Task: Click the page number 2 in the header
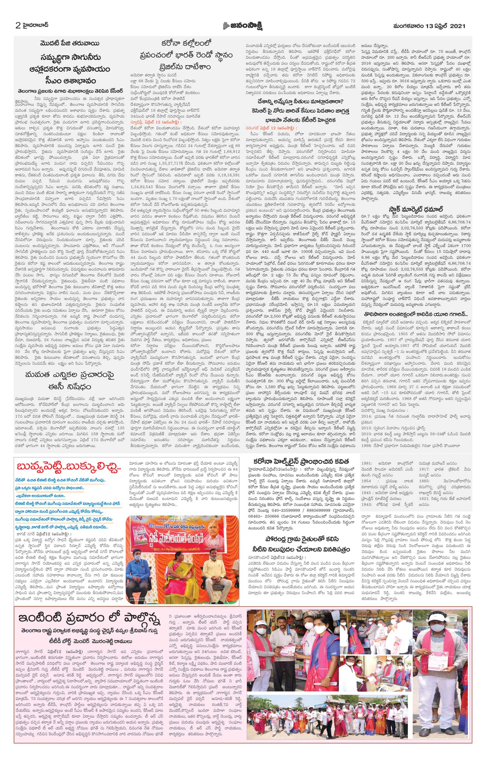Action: coord(18,25)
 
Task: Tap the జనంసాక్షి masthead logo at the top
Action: coord(242,26)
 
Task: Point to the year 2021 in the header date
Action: coord(457,26)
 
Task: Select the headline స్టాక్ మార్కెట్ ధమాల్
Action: coord(416,209)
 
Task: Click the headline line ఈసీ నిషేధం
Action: coord(69,387)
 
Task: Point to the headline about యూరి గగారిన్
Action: coord(416,314)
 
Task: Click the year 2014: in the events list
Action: coord(367,416)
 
